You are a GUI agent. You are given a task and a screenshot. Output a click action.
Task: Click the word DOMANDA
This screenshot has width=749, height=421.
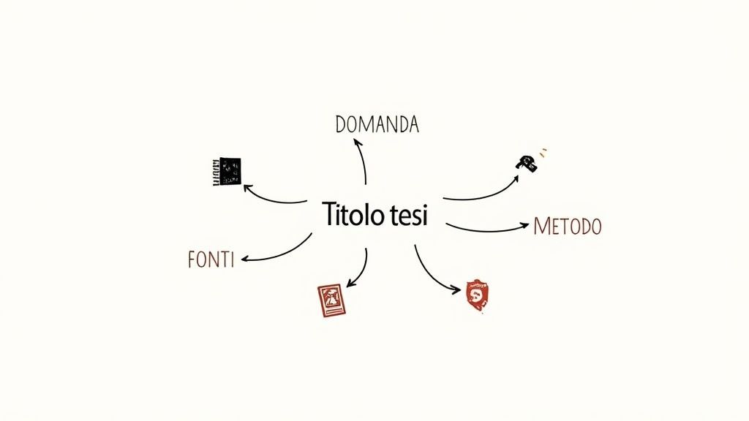click(x=377, y=124)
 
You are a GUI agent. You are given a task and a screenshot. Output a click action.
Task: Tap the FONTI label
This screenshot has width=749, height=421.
click(x=211, y=259)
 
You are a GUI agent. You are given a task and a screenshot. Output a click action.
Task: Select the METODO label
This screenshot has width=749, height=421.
click(x=568, y=227)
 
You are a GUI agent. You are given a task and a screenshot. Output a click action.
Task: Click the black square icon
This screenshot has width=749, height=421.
click(x=227, y=171)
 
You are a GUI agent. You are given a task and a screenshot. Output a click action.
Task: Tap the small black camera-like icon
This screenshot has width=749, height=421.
click(x=527, y=163)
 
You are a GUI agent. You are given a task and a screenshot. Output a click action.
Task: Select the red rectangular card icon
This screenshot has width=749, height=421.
click(x=330, y=300)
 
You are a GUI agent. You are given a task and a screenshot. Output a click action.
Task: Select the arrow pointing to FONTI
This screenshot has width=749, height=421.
click(x=278, y=251)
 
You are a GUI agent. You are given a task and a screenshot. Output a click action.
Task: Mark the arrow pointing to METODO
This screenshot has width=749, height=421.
click(x=486, y=230)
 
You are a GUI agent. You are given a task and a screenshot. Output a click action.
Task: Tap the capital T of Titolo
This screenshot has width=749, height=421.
click(x=328, y=215)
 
